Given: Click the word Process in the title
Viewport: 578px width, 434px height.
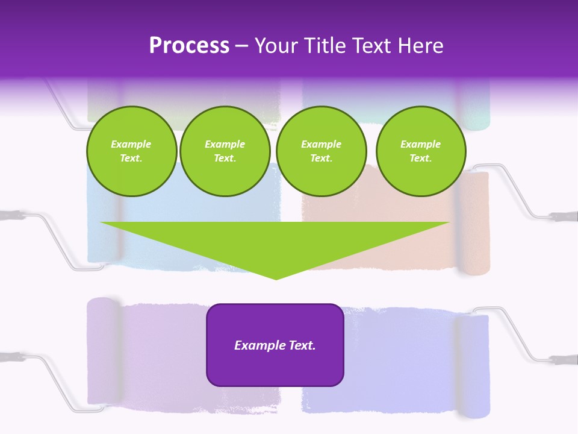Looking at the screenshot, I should pos(189,46).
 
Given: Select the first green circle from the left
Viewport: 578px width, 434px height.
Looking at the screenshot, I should pos(131,151).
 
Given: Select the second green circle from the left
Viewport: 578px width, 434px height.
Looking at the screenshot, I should pos(225,151).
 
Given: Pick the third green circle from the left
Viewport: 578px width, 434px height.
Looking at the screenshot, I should pos(321,151).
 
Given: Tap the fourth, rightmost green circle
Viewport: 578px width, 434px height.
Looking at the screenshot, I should pos(420,151).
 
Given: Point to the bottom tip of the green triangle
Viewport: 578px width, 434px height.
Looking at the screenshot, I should pos(276,278).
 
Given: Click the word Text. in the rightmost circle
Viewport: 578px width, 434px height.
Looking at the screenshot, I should pos(420,158).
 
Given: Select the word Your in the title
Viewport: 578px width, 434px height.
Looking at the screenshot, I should pos(276,46).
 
